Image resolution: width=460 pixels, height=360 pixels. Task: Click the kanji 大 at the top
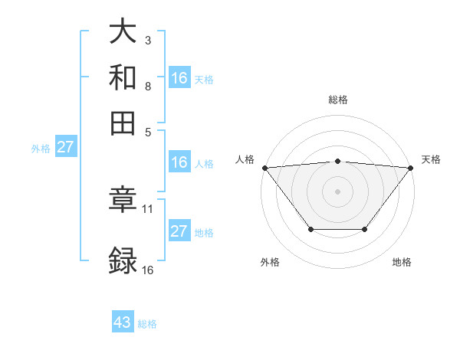[x=123, y=31]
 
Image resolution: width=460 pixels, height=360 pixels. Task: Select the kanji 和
[x=123, y=77]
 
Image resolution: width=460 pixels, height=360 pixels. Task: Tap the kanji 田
[x=123, y=123]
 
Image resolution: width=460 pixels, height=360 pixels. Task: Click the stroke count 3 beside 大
[x=147, y=40]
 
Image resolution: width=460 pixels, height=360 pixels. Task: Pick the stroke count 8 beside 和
[x=147, y=86]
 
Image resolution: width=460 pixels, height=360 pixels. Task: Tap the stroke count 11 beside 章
[x=148, y=208]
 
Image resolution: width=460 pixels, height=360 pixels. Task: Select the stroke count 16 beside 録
[x=148, y=270]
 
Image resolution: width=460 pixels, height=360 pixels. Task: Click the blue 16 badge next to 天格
[x=179, y=78]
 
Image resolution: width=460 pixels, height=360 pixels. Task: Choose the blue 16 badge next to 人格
[x=179, y=162]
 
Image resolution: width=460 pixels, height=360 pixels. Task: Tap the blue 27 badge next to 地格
[x=179, y=231]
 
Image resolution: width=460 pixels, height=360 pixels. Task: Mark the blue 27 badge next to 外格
[x=65, y=147]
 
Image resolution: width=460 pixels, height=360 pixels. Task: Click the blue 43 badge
[x=123, y=322]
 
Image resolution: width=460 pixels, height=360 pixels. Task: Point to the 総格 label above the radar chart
[x=337, y=100]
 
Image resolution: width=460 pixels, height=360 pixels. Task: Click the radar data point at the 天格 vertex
[x=411, y=167]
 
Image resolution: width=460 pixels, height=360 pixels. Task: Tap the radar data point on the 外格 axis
[x=310, y=229]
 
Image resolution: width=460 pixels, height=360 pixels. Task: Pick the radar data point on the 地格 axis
[x=365, y=229]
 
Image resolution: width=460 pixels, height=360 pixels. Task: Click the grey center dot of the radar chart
[x=337, y=191]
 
